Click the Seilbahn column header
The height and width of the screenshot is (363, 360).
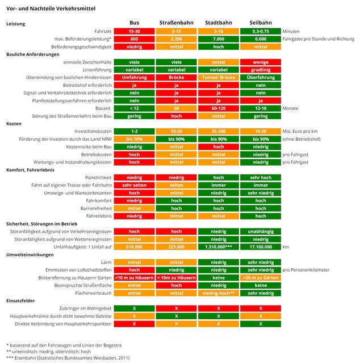(x=261, y=23)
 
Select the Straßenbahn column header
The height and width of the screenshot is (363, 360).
(x=177, y=23)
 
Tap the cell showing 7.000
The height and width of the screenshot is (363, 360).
(x=219, y=38)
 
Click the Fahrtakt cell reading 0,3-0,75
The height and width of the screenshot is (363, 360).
(x=261, y=31)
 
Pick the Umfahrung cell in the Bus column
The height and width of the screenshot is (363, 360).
(x=135, y=77)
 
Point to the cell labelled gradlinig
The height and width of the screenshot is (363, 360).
(x=261, y=69)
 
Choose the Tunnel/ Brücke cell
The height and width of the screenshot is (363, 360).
(x=219, y=77)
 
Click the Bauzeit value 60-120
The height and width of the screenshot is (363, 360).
(x=219, y=108)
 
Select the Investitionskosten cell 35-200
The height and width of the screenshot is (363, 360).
(x=219, y=131)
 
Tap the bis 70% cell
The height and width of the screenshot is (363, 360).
(x=135, y=138)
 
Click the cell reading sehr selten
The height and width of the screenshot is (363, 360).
(x=135, y=185)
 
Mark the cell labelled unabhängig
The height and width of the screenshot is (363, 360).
(x=261, y=231)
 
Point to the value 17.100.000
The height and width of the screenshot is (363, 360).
(x=261, y=247)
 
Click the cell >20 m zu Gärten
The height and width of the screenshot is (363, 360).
(x=261, y=278)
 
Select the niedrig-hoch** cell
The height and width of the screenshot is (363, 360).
(x=219, y=293)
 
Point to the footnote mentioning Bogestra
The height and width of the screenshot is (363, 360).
(x=64, y=345)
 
